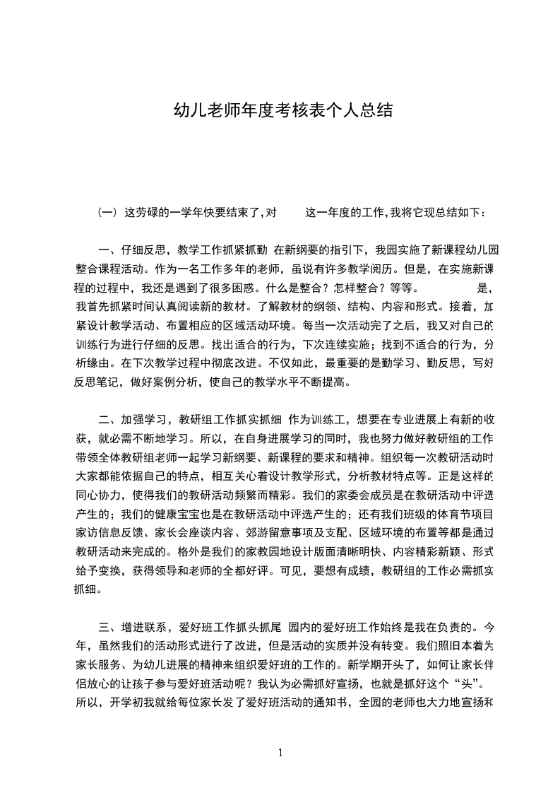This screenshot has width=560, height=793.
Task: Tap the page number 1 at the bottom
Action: [x=280, y=753]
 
